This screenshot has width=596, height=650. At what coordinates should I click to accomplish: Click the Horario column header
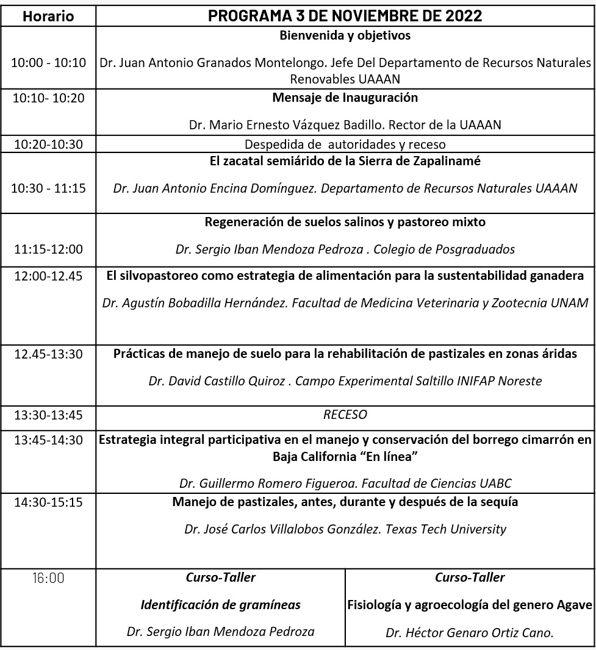[48, 16]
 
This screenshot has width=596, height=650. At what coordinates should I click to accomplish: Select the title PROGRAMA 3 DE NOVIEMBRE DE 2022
[345, 16]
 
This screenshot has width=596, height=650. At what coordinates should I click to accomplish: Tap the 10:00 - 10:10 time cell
[48, 63]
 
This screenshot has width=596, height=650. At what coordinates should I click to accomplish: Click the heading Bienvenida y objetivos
[345, 35]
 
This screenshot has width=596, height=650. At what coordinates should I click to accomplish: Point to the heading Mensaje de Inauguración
[345, 98]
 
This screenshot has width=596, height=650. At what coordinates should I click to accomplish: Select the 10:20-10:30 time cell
[48, 145]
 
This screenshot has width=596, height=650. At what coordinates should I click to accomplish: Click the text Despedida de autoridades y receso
[345, 145]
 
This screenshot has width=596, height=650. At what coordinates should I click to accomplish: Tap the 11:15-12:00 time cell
[48, 249]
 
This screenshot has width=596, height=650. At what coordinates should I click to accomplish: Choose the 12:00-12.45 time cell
[48, 276]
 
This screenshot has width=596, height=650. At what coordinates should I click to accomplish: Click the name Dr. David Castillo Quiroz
[217, 380]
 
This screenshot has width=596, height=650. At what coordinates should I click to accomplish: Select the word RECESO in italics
[345, 415]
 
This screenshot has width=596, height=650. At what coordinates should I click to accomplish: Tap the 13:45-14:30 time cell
[48, 440]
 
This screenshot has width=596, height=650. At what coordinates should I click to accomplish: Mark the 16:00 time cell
[48, 578]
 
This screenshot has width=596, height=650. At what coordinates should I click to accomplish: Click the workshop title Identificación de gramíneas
[220, 605]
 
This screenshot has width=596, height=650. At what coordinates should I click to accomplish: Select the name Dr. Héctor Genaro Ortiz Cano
[469, 633]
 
